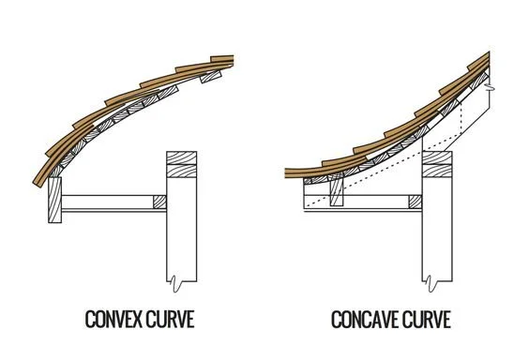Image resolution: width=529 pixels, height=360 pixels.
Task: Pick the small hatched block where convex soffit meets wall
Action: [x=159, y=202]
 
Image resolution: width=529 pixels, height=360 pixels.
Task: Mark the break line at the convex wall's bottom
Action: [x=177, y=278]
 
